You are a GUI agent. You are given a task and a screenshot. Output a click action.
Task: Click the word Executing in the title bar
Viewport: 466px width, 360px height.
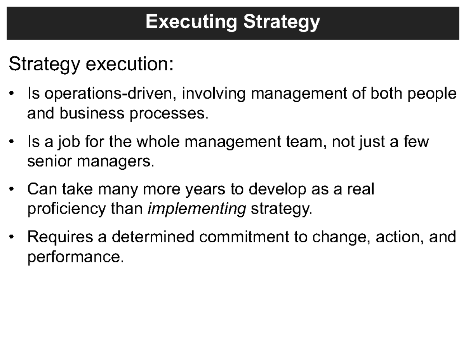tap(190, 22)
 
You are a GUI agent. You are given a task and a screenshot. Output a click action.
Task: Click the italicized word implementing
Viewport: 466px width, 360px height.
tap(197, 209)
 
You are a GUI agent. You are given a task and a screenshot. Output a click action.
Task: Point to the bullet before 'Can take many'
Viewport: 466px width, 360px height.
tap(13, 190)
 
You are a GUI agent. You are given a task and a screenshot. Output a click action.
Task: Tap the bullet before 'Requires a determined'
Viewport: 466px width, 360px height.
tap(13, 237)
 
